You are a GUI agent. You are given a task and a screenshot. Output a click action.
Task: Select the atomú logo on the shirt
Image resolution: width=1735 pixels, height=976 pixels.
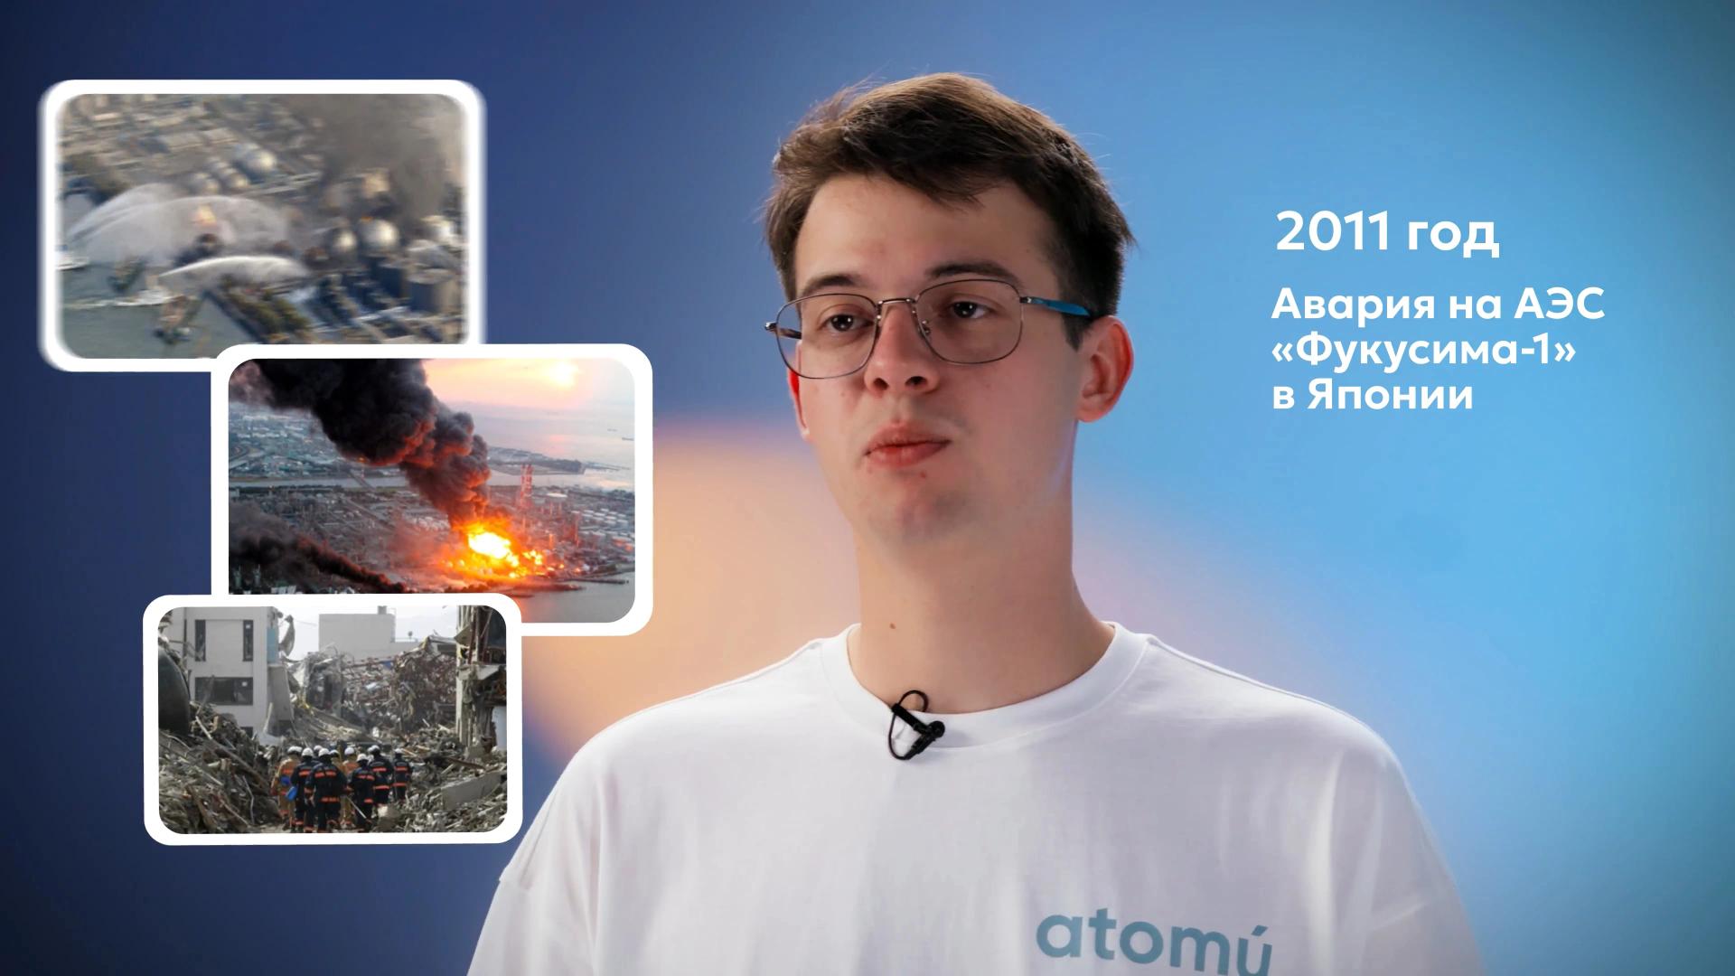pos(1152,950)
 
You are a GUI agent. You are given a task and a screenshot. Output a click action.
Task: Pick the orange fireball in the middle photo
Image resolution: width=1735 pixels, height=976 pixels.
pos(492,547)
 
